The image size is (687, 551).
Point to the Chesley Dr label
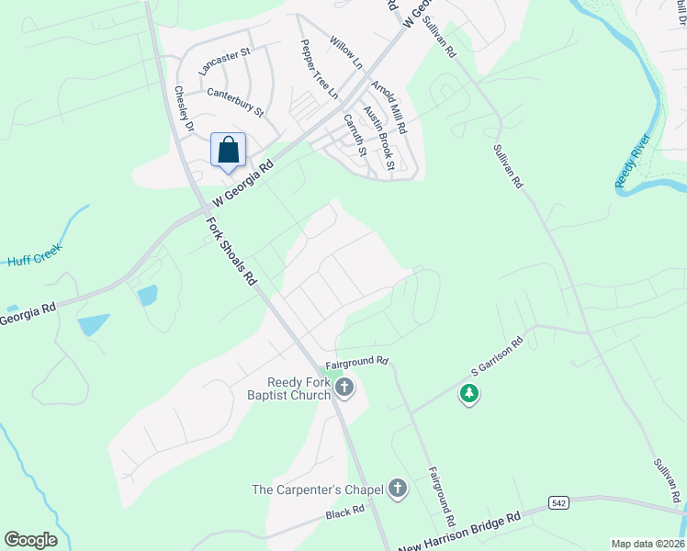coord(185,109)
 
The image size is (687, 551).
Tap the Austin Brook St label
coord(378,138)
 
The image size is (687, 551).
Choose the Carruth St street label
coord(355,134)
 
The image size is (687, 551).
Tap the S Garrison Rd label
coord(497,357)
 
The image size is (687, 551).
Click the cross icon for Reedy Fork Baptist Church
coord(344,388)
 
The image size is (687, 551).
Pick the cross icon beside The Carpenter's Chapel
coord(398,489)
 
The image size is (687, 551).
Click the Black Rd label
coord(345,514)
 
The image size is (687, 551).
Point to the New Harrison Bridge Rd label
coord(459,533)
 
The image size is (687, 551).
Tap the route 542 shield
coord(558,502)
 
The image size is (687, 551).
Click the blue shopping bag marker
coord(229,150)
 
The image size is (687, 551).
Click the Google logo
coord(30,540)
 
